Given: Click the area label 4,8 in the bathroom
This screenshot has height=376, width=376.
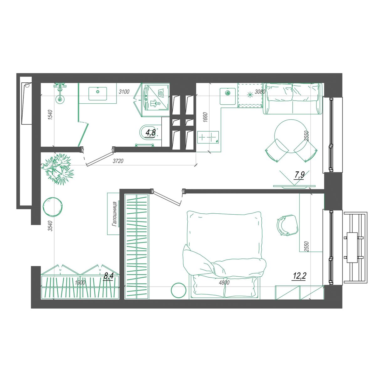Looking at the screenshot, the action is coord(151,133).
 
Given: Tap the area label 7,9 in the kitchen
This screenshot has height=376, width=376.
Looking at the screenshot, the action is coord(300,175).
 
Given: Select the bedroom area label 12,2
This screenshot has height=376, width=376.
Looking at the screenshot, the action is coord(300,276).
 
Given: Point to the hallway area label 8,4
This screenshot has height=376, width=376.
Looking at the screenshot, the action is coord(109,276).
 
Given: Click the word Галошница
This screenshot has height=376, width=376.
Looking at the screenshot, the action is coord(114,214).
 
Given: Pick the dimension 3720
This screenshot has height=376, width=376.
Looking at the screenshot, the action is coord(118,161).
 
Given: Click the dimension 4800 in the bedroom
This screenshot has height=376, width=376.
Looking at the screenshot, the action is coord(224,282).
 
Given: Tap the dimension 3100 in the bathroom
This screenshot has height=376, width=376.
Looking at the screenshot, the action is coord(124,91).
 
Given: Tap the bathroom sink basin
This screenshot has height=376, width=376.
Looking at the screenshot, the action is coord(98,93).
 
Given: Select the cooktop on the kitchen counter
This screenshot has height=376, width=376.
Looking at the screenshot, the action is coord(208,137).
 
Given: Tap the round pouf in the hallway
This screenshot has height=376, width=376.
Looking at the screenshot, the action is coord(53,207).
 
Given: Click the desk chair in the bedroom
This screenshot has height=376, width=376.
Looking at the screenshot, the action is coord(287,225).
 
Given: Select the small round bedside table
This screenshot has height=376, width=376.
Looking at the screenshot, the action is coord(178,290).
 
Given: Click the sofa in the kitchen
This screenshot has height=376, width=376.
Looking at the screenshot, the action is coord(293,98).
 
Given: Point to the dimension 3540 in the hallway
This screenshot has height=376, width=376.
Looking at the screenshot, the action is coord(50,226).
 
